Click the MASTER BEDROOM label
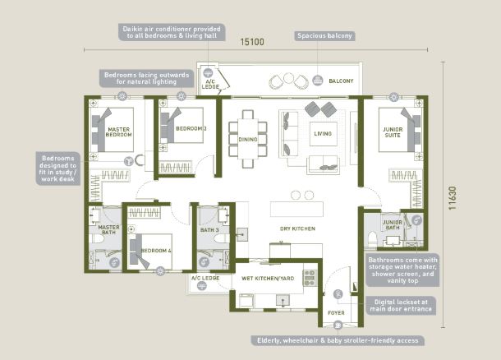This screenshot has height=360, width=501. point(118,132)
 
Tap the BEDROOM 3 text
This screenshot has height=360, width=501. point(191,128)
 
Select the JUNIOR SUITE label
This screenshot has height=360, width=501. point(393,132)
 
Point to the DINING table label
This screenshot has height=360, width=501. point(248,140)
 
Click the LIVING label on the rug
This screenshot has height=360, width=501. point(323,134)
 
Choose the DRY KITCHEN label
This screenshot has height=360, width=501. point(297,228)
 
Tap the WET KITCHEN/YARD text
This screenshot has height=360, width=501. point(268,279)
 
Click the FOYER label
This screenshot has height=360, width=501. point(336,312)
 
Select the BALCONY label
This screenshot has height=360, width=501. point(341,81)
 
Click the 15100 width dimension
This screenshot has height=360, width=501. point(252,42)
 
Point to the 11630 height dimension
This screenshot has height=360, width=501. point(452,198)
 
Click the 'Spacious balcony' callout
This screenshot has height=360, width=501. point(324,36)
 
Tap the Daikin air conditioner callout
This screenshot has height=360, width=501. point(172,32)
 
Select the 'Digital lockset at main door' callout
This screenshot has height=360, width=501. point(401,306)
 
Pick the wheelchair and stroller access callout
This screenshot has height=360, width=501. point(338,340)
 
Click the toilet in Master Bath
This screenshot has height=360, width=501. point(97,238)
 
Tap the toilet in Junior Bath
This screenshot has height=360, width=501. point(372,238)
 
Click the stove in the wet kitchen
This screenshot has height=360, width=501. point(310,278)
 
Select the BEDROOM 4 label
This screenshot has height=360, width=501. point(156,251)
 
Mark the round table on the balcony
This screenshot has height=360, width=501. point(288,78)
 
